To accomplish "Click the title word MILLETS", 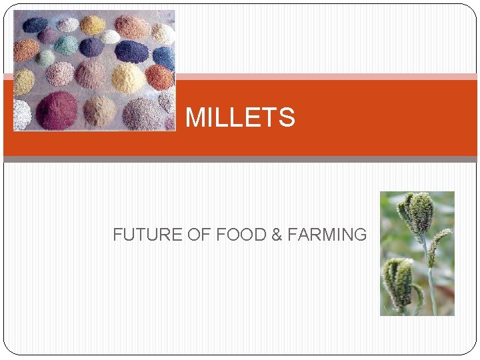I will (240, 118).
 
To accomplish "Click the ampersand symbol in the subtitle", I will (277, 235).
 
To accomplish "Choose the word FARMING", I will (327, 235).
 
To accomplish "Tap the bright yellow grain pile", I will (93, 25).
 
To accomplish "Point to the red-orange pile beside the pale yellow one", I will (160, 76).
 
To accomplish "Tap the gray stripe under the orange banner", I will (240, 159).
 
